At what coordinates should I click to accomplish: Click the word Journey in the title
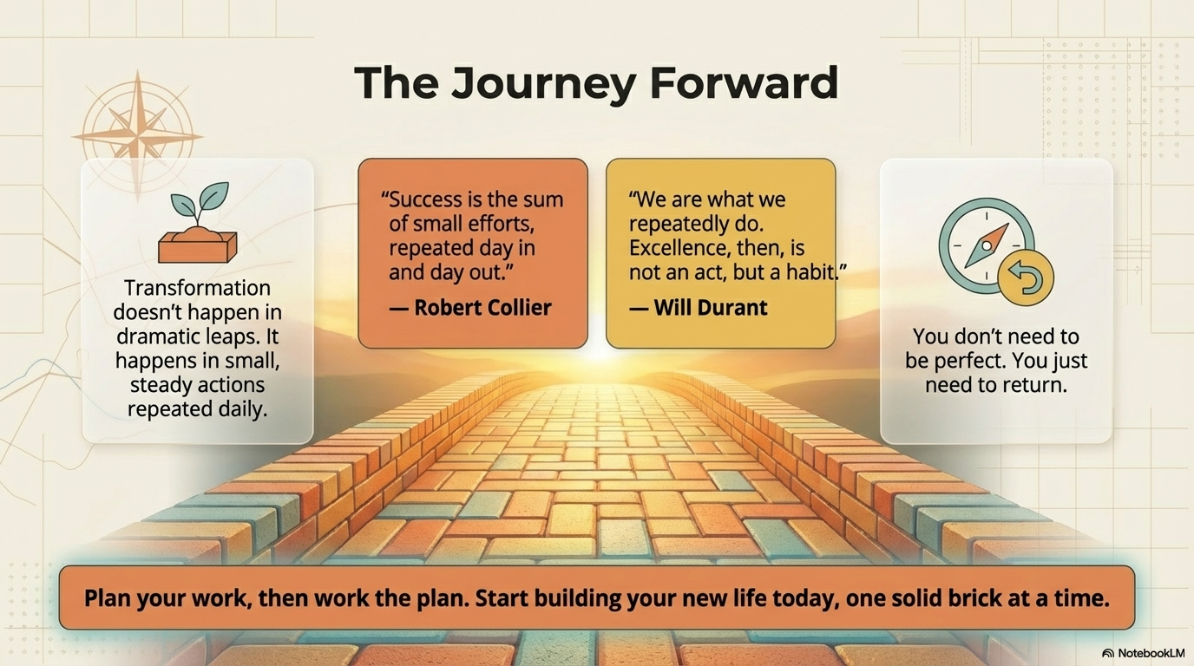coord(544,83)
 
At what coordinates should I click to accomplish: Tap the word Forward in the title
coord(745,82)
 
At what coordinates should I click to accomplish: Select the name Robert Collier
coord(482,308)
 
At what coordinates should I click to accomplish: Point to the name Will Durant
coord(711,308)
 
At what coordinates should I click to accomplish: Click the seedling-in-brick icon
coord(198,223)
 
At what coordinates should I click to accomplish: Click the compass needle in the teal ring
coord(987,245)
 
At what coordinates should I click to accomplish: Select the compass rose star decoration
coord(137,136)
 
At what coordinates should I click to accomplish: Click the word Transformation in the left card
coord(197,288)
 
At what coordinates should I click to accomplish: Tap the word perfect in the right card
coord(966,361)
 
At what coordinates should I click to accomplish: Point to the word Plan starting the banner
coord(108,598)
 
